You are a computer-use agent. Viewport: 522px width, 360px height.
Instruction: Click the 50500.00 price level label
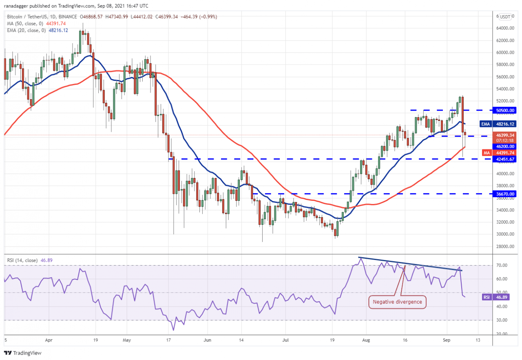pos(505,110)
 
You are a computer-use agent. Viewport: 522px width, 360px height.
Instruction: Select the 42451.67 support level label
pos(505,159)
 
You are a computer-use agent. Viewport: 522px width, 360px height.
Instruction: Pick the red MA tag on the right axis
pos(486,153)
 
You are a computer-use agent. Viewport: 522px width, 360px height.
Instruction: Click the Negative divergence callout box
pos(398,302)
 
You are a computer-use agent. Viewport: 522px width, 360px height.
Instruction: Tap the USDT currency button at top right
pos(505,17)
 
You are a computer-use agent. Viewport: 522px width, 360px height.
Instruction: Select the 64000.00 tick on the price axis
pos(504,28)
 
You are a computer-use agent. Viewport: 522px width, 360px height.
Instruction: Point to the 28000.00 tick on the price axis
pos(504,247)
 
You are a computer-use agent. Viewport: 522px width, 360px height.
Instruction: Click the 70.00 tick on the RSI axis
pos(502,265)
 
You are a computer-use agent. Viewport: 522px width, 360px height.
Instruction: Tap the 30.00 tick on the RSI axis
pos(502,320)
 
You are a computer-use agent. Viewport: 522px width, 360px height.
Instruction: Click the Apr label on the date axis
pos(49,340)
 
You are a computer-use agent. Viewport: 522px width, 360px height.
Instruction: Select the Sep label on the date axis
pos(446,340)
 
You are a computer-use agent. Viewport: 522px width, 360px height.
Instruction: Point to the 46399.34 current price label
pos(505,134)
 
